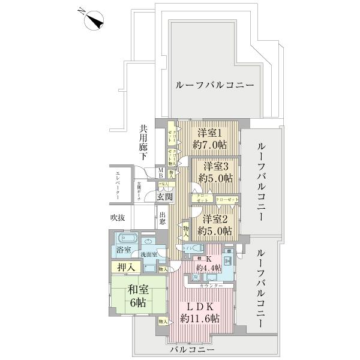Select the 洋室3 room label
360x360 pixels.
(x=215, y=172)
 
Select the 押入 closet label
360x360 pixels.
(x=121, y=266)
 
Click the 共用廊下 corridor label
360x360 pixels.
(x=144, y=141)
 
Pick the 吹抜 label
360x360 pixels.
(x=117, y=217)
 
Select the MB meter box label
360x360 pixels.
(x=160, y=172)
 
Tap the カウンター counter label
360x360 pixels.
(x=211, y=286)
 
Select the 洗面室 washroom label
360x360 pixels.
(x=148, y=254)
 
